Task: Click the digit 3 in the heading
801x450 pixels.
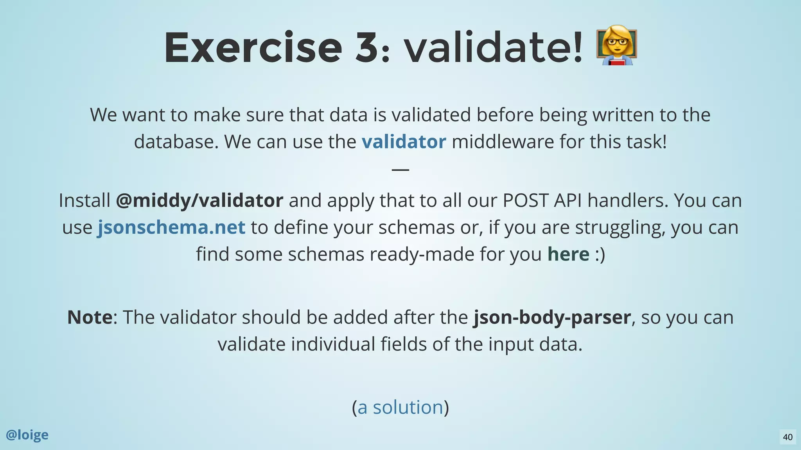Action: (x=366, y=48)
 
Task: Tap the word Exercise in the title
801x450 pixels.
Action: (x=253, y=48)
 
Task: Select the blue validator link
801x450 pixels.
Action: (x=404, y=141)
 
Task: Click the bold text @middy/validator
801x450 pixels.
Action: (x=199, y=200)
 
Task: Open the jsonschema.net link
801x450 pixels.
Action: (x=171, y=227)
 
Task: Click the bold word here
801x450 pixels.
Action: (x=568, y=254)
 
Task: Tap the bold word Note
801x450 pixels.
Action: (x=90, y=317)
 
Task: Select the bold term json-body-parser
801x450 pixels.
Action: (x=552, y=317)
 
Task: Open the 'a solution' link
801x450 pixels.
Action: (x=400, y=407)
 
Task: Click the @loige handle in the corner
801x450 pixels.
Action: (x=27, y=435)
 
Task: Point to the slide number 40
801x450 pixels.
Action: (x=788, y=437)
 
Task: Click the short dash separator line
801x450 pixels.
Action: (x=400, y=170)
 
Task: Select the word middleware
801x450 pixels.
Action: (x=503, y=141)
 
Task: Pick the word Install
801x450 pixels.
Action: (x=84, y=200)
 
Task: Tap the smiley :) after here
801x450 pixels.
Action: (x=600, y=254)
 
